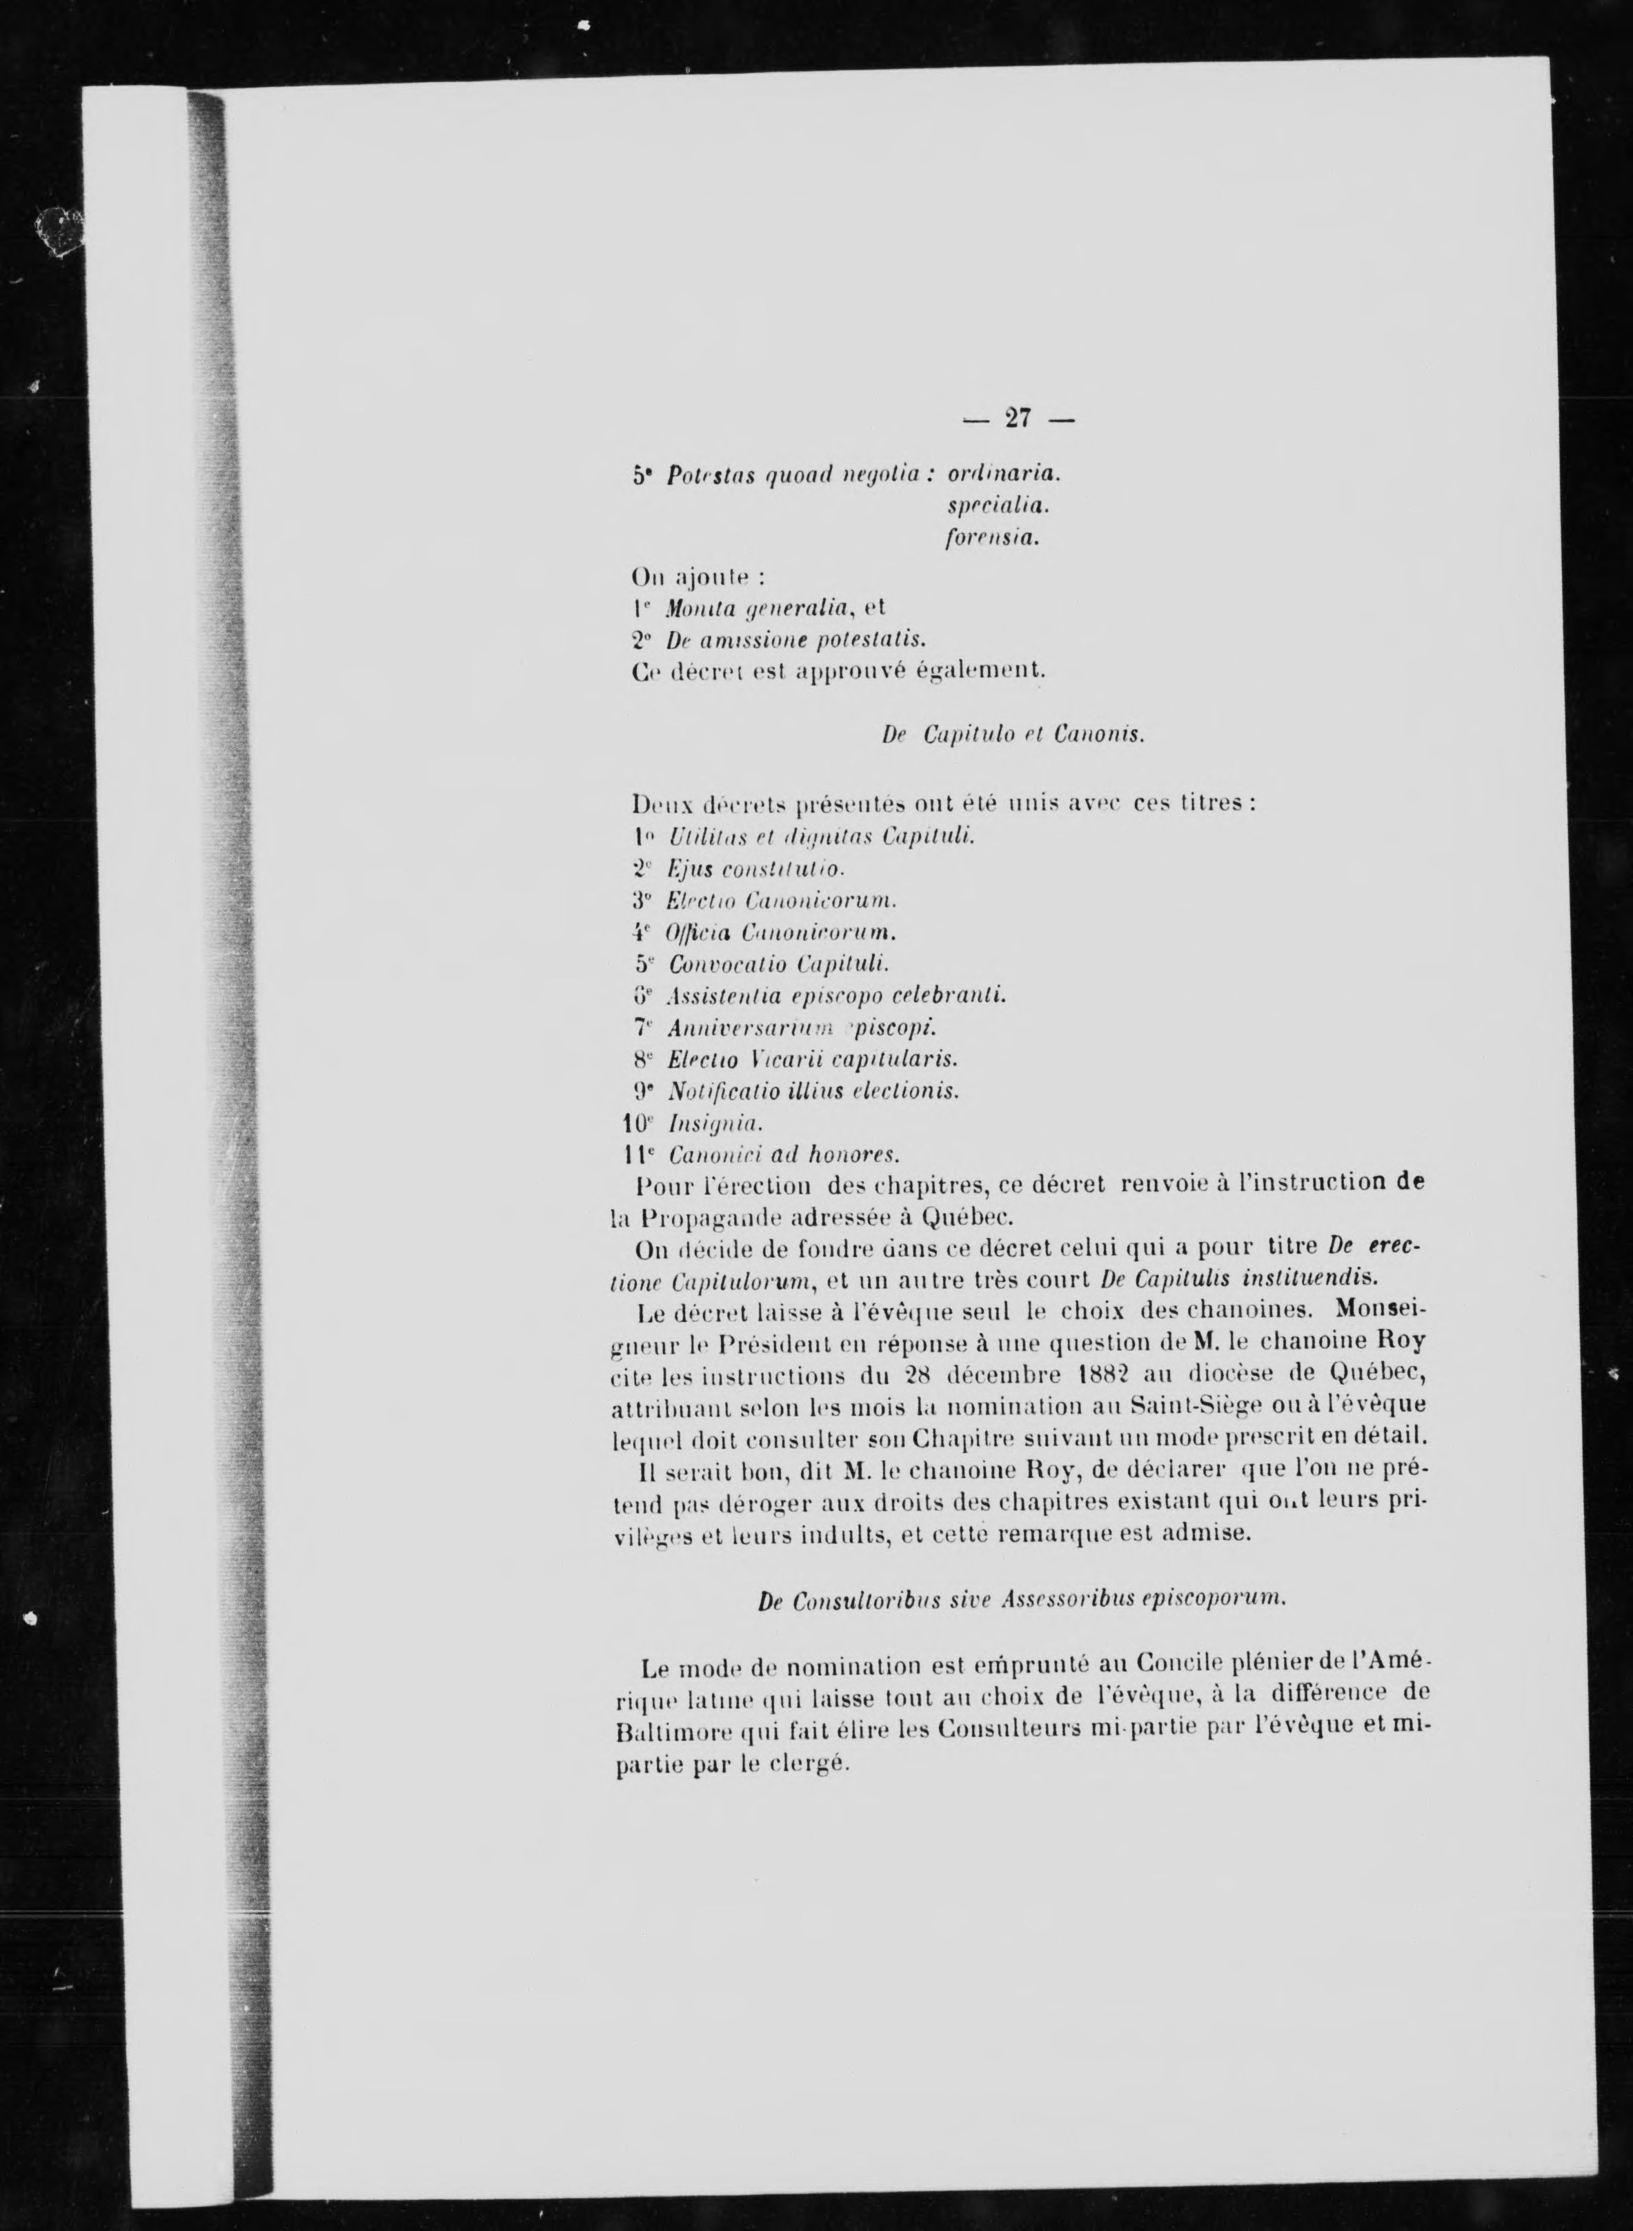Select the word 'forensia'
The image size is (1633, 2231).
[x=989, y=539]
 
